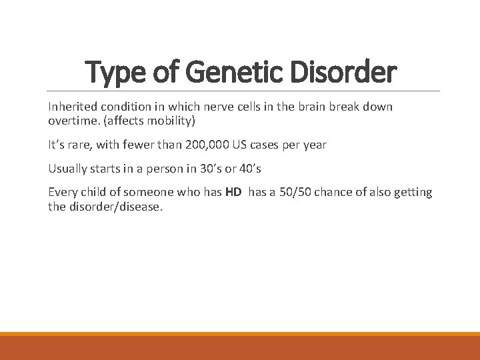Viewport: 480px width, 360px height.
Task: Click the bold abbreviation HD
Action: (x=233, y=193)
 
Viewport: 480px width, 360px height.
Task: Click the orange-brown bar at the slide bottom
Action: (x=240, y=347)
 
